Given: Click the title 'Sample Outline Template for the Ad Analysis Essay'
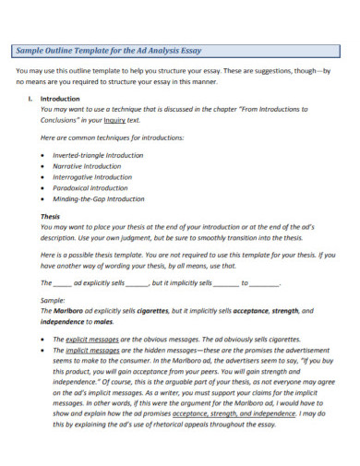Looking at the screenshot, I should (110, 50).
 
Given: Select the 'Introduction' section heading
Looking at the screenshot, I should (61, 97).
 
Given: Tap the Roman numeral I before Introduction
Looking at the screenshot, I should (31, 97).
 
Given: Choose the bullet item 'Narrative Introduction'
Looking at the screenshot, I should (87, 167).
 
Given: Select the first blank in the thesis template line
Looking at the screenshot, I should (61, 283).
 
